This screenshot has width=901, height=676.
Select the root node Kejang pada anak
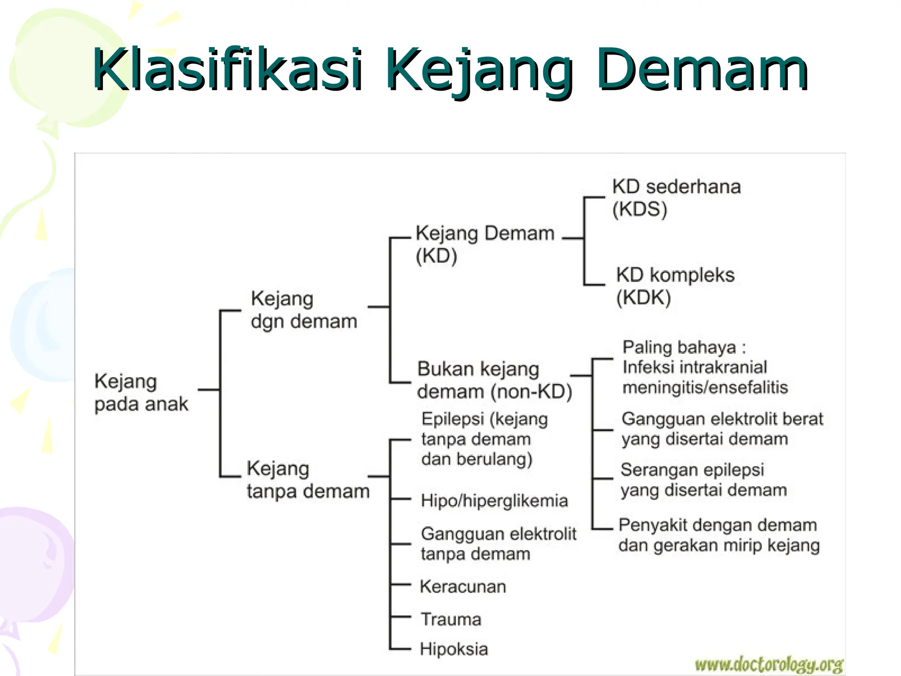141,392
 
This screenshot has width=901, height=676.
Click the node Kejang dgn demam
304,310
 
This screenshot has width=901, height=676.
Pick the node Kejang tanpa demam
308,480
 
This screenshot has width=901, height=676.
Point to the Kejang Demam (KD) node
484,244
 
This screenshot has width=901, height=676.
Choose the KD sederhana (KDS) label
676,198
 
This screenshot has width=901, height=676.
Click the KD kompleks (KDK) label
675,286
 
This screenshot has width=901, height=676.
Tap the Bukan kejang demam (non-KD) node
494,380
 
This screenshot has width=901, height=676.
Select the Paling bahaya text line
684,347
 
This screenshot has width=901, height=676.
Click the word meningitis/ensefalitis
705,388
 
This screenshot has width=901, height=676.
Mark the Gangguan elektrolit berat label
722,419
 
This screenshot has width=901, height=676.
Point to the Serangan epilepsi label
692,470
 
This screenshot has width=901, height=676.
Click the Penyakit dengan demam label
717,525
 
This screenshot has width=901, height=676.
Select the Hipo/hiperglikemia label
494,501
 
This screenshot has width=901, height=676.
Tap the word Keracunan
463,587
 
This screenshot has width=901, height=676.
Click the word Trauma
451,620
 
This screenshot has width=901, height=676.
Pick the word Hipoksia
454,649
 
